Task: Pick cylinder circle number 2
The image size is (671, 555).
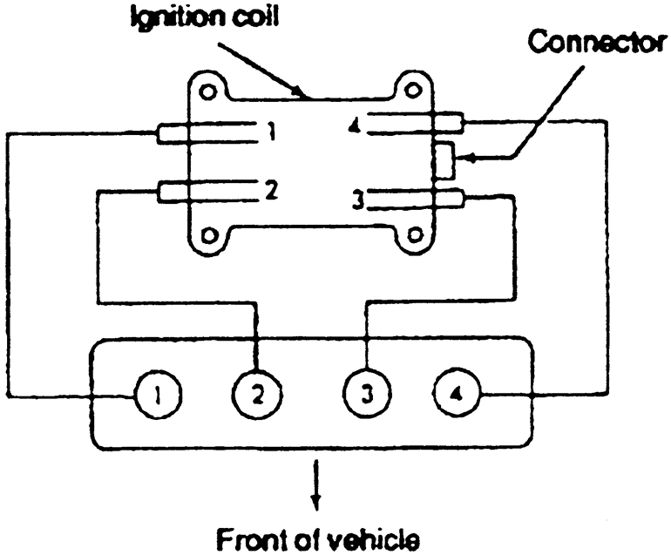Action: (257, 396)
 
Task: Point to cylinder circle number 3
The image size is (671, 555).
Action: (366, 396)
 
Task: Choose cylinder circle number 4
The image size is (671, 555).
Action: (457, 396)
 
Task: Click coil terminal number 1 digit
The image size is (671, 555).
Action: (273, 132)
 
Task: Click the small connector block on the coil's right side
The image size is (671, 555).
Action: (444, 160)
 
